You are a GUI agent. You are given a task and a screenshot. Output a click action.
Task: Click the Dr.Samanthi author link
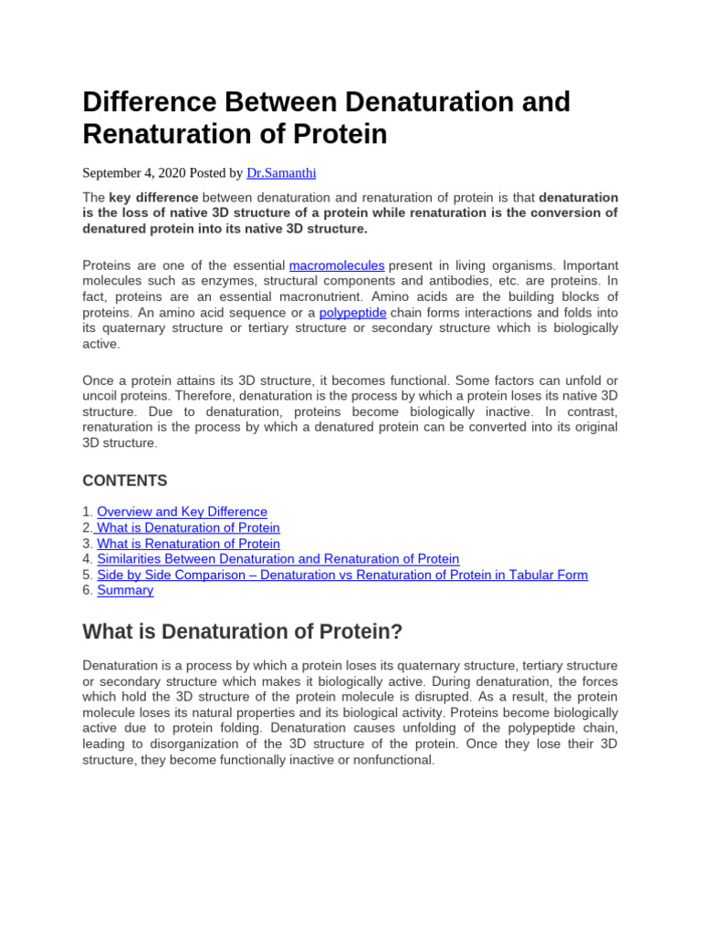280,172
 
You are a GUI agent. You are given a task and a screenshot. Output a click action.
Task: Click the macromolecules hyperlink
336,265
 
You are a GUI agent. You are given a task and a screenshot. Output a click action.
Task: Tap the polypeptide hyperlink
353,312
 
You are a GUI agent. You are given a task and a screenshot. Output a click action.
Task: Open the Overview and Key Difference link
182,512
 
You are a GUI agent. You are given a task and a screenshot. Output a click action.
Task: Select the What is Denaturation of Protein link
188,527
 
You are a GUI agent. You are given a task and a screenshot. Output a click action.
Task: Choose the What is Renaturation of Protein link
188,544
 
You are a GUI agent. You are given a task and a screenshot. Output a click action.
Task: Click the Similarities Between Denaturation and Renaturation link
277,559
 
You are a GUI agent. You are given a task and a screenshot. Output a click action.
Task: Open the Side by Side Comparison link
342,575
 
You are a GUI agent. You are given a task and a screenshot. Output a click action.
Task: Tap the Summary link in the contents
125,590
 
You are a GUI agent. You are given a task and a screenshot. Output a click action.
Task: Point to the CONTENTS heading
125,481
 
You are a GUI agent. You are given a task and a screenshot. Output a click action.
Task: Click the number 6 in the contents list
87,590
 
